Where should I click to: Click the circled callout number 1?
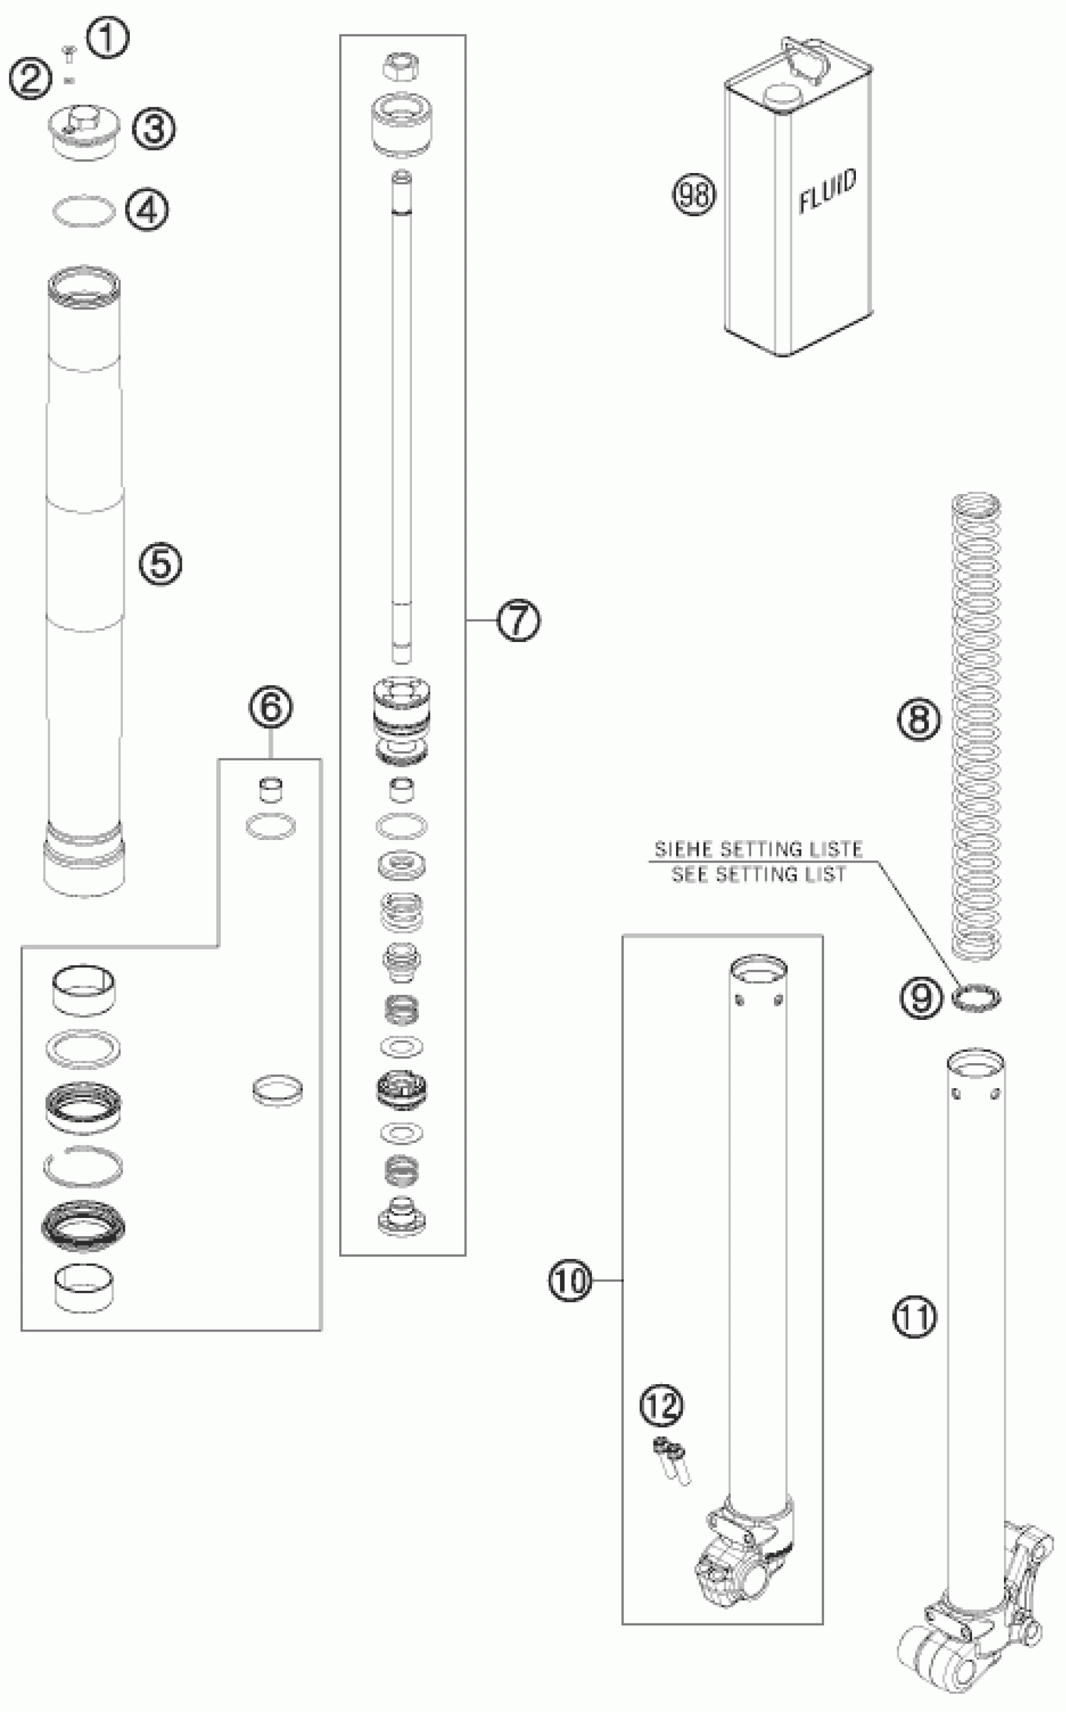108,39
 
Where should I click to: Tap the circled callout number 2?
29,79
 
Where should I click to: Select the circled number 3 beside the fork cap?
154,129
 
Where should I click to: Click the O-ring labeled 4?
84,210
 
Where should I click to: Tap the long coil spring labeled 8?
976,726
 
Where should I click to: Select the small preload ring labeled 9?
976,997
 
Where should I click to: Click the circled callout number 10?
569,1279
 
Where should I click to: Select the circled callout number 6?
271,707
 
